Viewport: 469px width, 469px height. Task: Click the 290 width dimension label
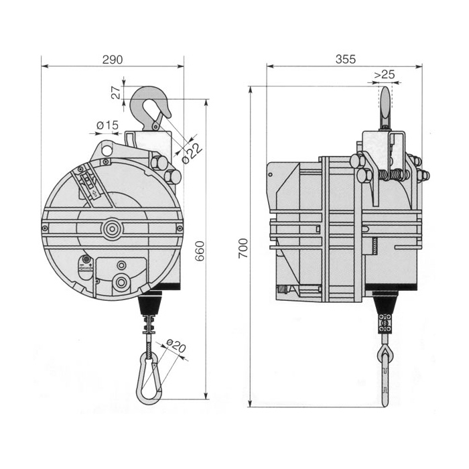pos(113,59)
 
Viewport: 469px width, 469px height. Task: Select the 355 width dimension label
pos(344,59)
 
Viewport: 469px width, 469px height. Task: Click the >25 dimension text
pos(384,74)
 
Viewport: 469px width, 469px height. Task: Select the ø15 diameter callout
pos(108,125)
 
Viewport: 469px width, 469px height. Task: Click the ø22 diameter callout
pos(192,151)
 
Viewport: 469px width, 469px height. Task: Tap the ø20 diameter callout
pos(176,348)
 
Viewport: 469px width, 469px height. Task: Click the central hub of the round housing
pos(111,229)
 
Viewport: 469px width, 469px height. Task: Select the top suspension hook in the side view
pos(385,107)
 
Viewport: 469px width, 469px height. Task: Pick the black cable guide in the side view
pos(385,305)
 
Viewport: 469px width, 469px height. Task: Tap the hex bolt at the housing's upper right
pos(171,177)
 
